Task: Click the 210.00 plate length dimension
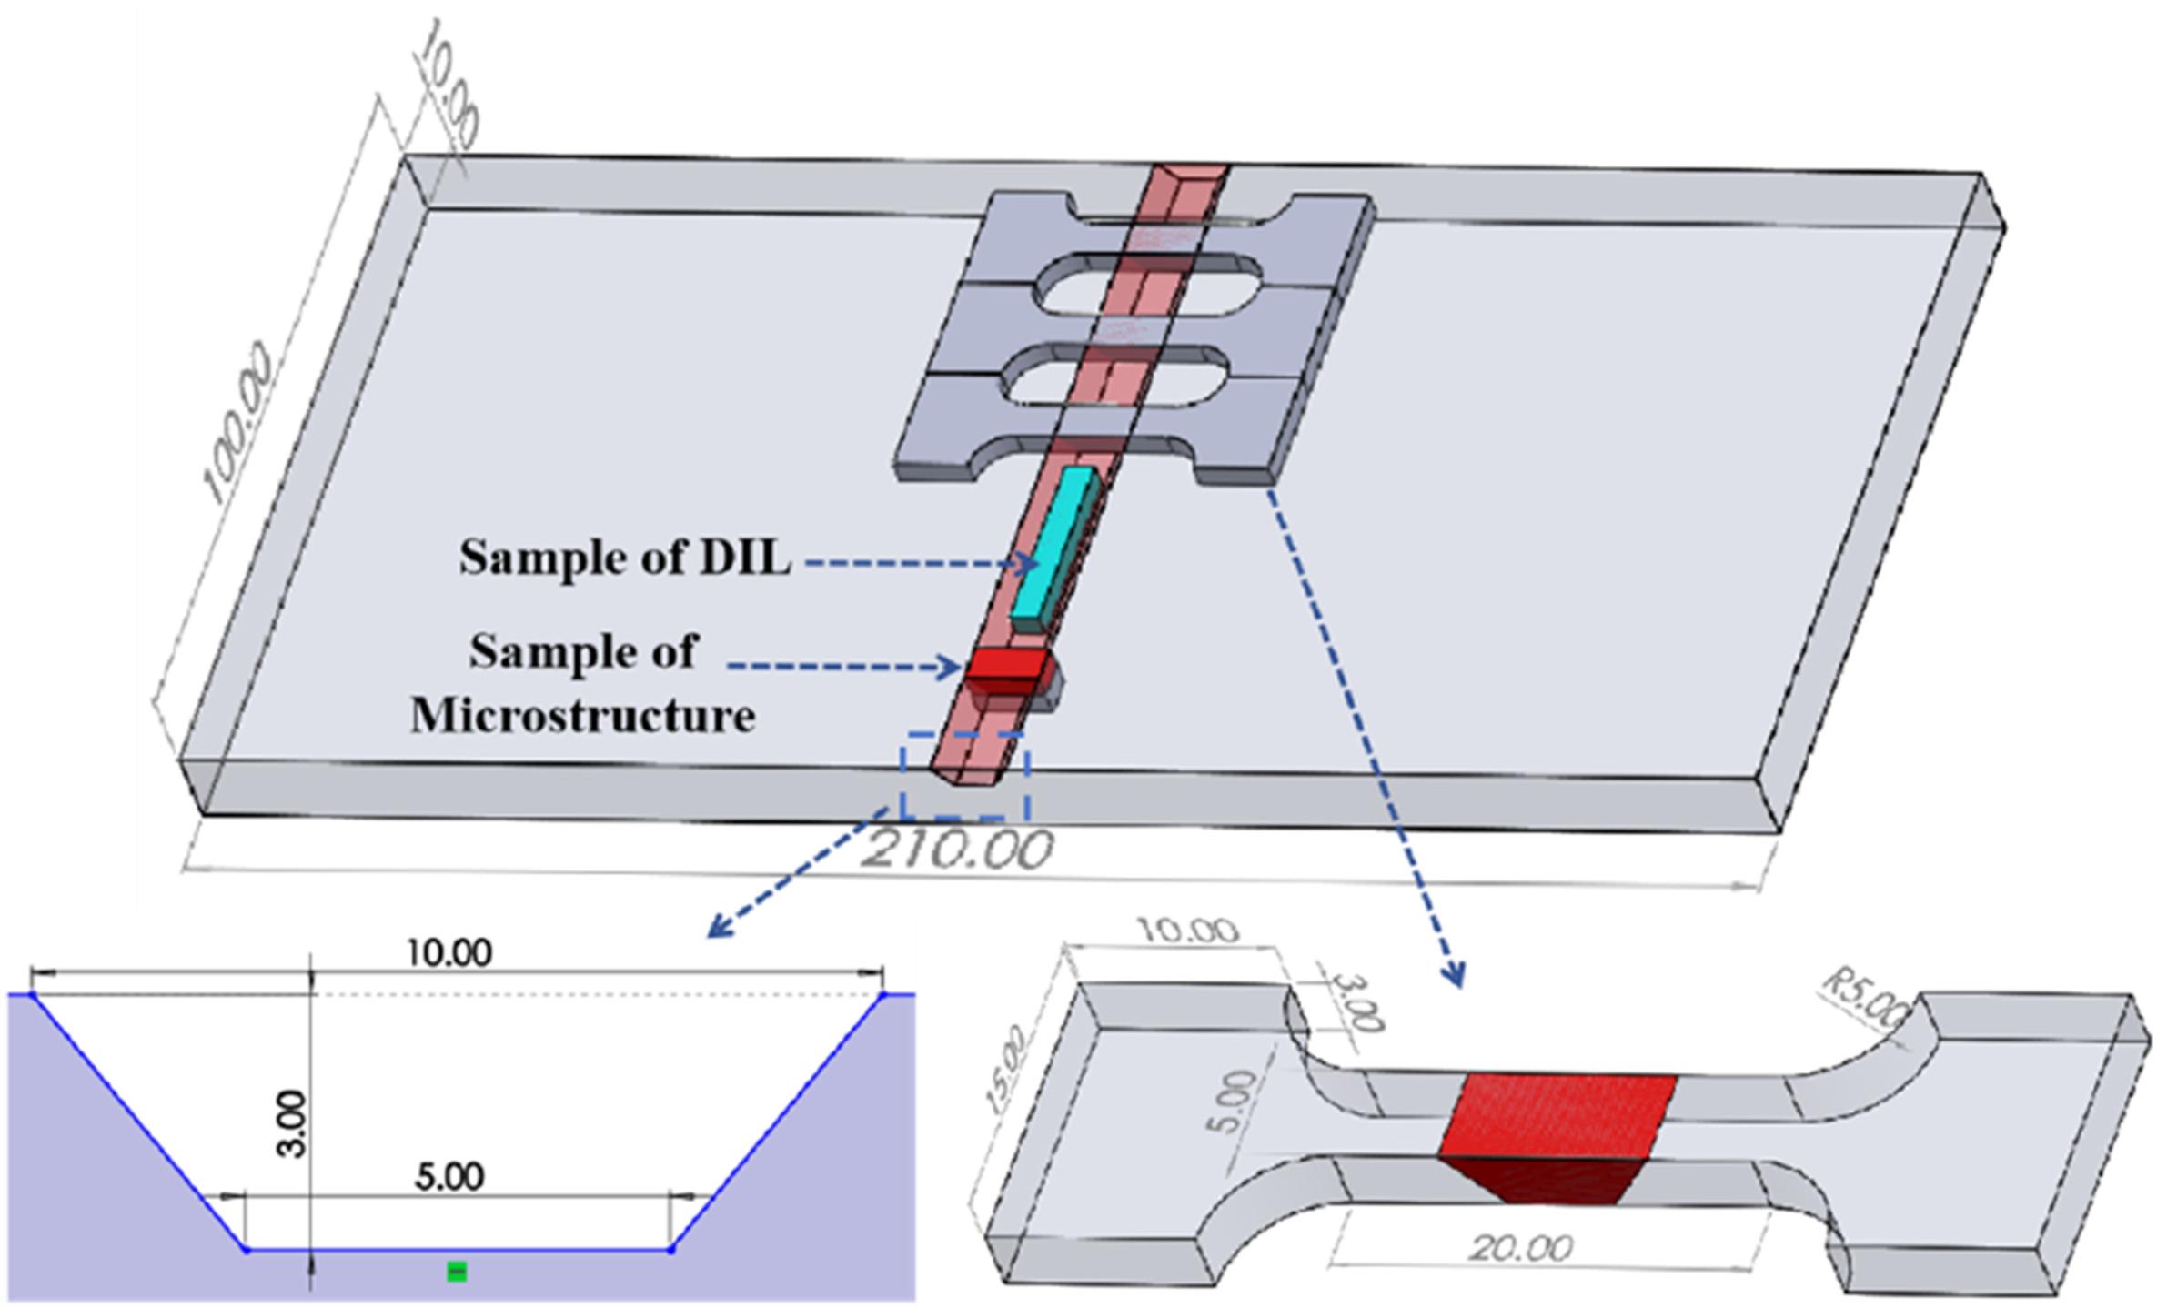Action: coord(956,849)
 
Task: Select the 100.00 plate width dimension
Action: coord(238,422)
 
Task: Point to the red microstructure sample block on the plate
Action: coord(1005,674)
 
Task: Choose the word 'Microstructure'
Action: coord(583,715)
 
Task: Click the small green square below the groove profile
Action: coord(457,1271)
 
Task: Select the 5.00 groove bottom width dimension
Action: coord(449,1177)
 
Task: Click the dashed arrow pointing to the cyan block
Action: coord(921,564)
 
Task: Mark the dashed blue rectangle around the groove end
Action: coord(965,775)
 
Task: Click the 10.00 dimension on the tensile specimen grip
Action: coord(1186,931)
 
